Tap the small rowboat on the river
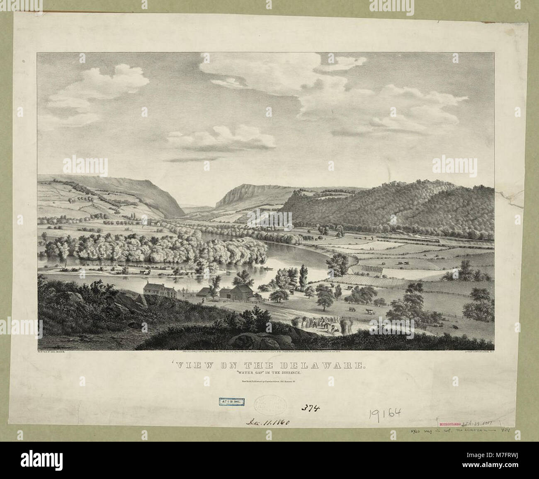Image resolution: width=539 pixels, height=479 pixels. (x=267, y=270)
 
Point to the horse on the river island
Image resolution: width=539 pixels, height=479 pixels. (x=143, y=272)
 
